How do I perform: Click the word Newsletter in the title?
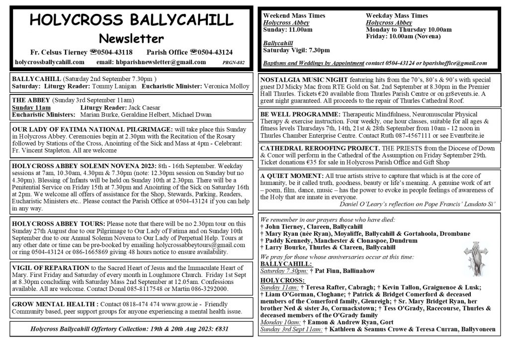(x=131, y=38)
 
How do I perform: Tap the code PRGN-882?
(x=234, y=63)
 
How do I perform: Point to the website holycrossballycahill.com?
(x=50, y=62)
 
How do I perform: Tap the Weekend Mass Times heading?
(x=294, y=16)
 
